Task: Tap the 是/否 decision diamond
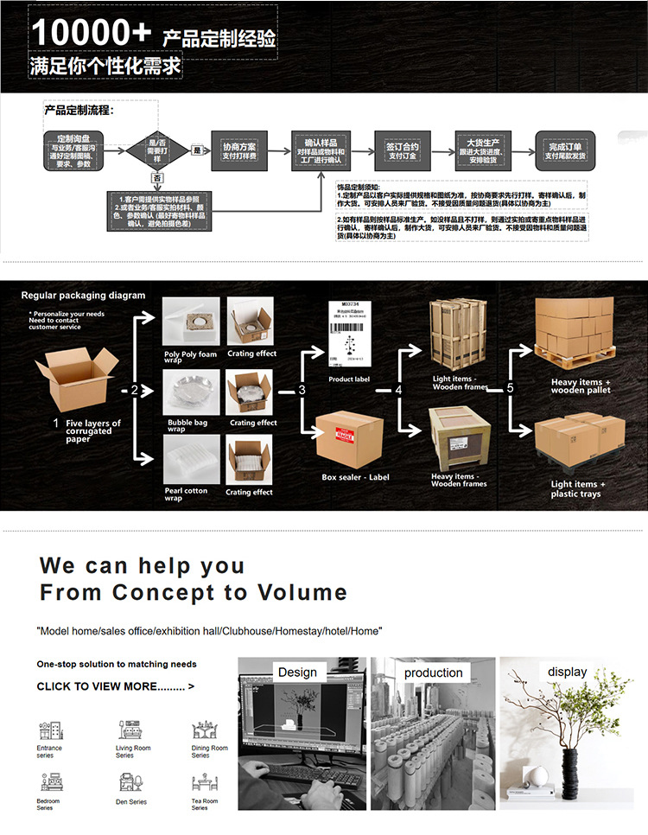[x=157, y=150]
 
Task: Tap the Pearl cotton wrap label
[x=186, y=494]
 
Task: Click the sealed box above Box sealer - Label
[x=349, y=438]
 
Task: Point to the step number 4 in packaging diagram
[x=398, y=390]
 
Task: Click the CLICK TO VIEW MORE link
[x=115, y=686]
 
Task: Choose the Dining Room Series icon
[x=204, y=730]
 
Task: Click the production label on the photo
[x=434, y=672]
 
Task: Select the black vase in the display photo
[x=570, y=777]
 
